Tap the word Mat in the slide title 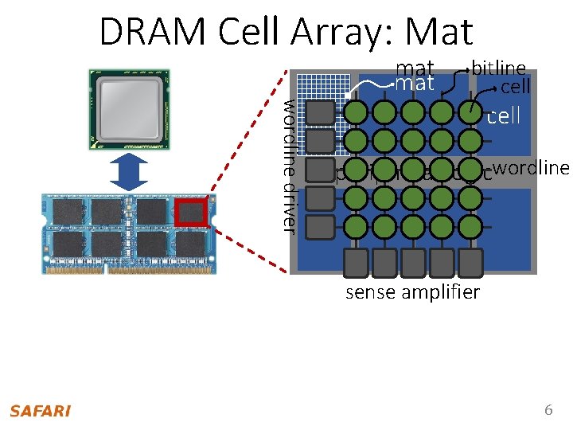pyautogui.click(x=439, y=32)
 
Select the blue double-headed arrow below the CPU pyautogui.click(x=124, y=172)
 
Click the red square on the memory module pyautogui.click(x=191, y=213)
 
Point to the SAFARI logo pyautogui.click(x=40, y=411)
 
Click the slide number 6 pyautogui.click(x=548, y=410)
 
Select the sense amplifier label pyautogui.click(x=412, y=292)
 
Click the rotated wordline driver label pyautogui.click(x=290, y=167)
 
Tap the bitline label pyautogui.click(x=498, y=68)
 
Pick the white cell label pyautogui.click(x=503, y=116)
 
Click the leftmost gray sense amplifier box pyautogui.click(x=356, y=261)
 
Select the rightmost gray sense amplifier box pyautogui.click(x=470, y=261)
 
